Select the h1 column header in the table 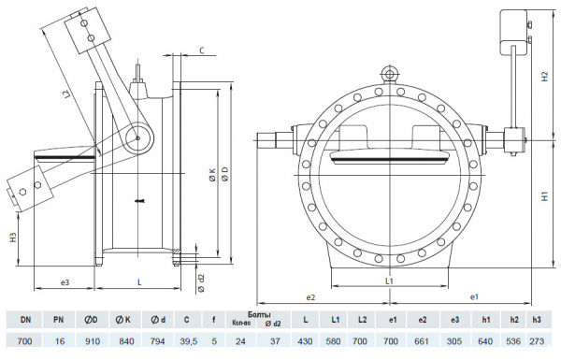[x=486, y=320]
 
